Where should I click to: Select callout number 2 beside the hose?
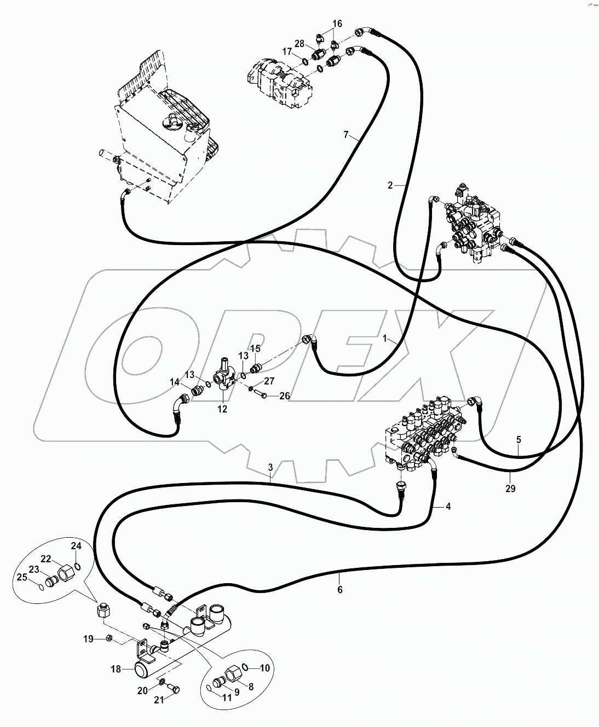(390, 185)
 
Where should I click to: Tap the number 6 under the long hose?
(339, 590)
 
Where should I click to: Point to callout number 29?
(510, 489)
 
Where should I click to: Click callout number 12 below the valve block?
(222, 409)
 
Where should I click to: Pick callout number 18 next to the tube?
(116, 668)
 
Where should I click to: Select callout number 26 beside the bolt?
(285, 396)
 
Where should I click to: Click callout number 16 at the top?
(337, 24)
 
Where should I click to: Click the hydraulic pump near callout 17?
(279, 79)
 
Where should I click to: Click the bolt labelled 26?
(263, 394)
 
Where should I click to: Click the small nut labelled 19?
(108, 638)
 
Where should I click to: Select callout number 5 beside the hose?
(519, 439)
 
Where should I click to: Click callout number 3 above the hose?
(270, 467)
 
